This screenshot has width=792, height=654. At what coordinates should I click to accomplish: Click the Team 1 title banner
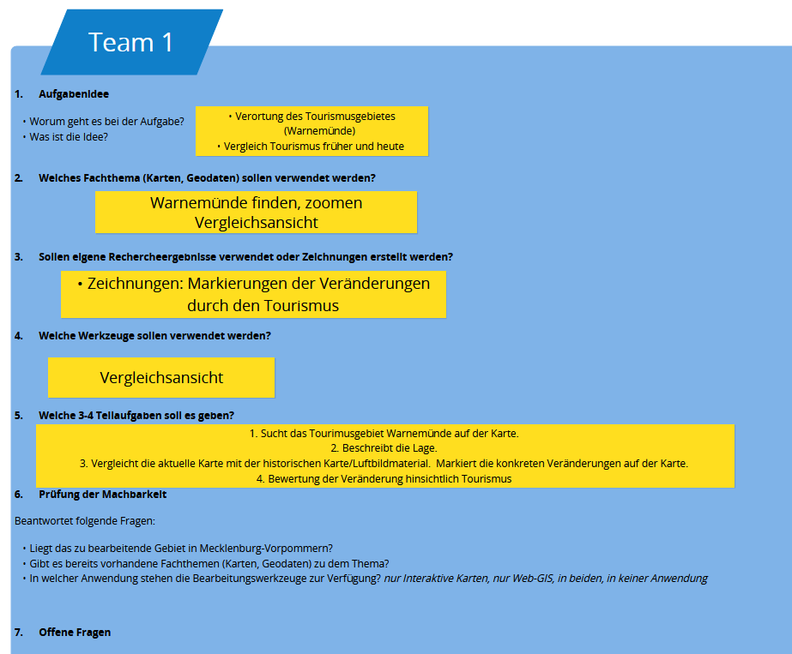point(131,42)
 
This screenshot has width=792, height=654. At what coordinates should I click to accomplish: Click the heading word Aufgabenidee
point(74,94)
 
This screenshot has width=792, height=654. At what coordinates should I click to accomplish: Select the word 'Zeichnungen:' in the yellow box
point(134,284)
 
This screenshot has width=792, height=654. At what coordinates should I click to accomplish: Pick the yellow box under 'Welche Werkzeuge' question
point(161,377)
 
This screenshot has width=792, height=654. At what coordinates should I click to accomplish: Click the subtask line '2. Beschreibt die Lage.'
point(384,448)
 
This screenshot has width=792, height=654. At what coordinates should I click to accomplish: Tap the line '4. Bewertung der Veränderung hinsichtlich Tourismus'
point(384,479)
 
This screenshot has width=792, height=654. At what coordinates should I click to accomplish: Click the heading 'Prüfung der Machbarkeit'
point(102,495)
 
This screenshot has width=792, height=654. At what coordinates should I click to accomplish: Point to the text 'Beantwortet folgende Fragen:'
point(85,520)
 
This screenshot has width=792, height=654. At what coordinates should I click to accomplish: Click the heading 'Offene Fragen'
point(75,633)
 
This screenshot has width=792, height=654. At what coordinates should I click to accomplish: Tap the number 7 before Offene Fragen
point(17,633)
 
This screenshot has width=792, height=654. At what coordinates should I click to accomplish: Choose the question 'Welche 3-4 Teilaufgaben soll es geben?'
point(136,416)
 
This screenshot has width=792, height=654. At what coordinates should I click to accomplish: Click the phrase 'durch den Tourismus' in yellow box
point(263,306)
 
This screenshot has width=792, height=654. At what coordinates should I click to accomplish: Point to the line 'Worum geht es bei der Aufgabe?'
point(107,122)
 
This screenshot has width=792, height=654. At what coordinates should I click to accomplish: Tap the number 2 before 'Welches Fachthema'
point(17,178)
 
